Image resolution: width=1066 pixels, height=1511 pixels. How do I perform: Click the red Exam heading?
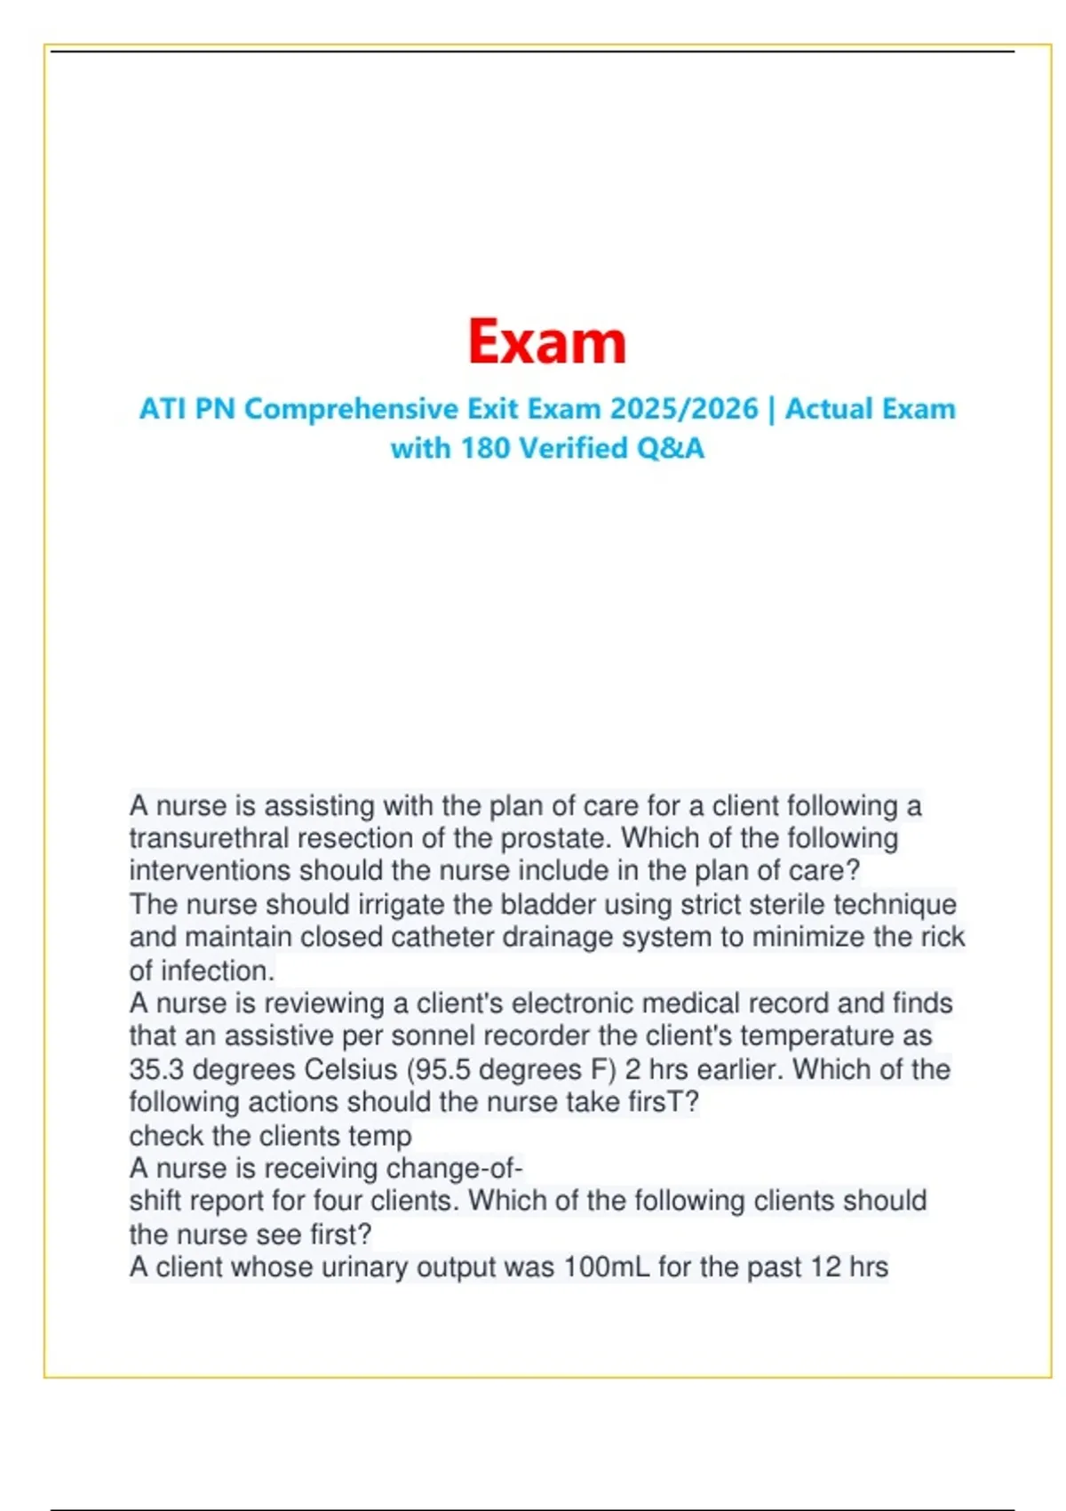[546, 342]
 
